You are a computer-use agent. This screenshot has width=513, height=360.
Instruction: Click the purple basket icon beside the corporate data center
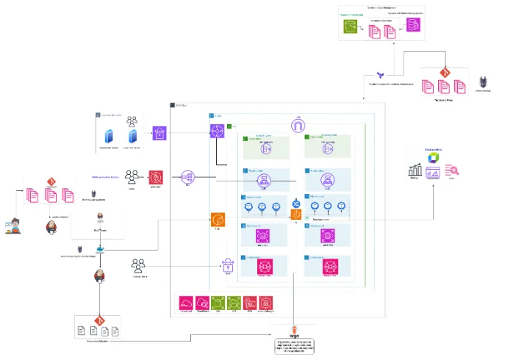click(160, 133)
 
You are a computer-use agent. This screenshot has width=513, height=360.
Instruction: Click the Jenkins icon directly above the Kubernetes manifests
click(98, 276)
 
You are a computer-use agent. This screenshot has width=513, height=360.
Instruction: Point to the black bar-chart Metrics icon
click(415, 171)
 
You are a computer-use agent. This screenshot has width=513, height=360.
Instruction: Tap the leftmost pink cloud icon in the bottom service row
click(186, 303)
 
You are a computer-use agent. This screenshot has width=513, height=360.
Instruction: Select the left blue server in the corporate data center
click(110, 137)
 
